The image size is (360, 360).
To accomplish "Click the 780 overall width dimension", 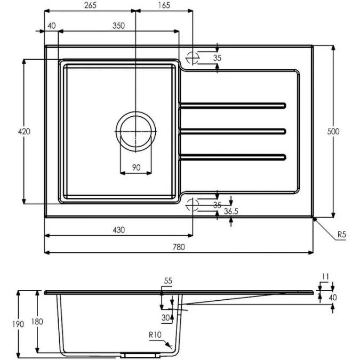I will pos(179,246).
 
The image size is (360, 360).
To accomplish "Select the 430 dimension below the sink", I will pos(118,230).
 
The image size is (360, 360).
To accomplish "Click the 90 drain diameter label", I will pos(135,167).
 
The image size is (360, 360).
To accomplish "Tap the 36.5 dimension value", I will pos(231,212).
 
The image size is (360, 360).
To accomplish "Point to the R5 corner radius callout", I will pos(342,234).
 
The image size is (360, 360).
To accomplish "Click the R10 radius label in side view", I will pos(156,334).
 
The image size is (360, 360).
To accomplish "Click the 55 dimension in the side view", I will pos(168,281).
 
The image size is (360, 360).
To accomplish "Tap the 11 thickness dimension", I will pos(326,276).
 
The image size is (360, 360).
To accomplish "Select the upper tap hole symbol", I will pos(192,58).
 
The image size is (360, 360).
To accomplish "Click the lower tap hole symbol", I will pos(192,204).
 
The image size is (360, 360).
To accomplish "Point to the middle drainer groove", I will pos(233,131).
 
